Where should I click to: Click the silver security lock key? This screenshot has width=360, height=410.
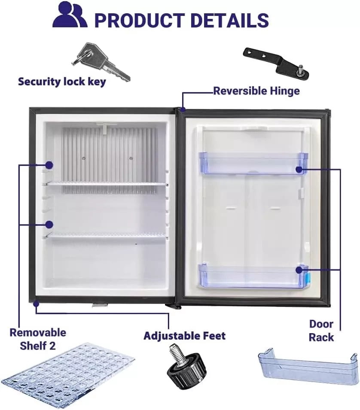point(101,62)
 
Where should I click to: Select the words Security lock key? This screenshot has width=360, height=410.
point(62,82)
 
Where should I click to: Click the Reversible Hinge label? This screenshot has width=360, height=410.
point(256,91)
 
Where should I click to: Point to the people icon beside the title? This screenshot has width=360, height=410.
point(70,15)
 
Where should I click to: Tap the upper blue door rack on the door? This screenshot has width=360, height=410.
point(253,163)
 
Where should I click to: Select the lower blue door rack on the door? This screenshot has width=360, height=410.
point(253,276)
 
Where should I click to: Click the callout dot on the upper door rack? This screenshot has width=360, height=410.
point(299,170)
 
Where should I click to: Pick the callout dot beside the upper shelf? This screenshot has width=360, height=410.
point(49,165)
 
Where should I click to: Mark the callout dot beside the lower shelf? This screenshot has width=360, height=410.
point(49,225)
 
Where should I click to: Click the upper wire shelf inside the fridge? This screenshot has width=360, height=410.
point(107,185)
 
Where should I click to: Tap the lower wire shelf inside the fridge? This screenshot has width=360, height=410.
point(107,237)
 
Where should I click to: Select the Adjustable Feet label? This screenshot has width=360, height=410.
point(184,336)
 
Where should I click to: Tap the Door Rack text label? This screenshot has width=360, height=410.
point(321,331)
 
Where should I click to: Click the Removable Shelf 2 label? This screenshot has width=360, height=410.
point(38,339)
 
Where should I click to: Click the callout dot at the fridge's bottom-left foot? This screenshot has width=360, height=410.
point(36,304)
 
